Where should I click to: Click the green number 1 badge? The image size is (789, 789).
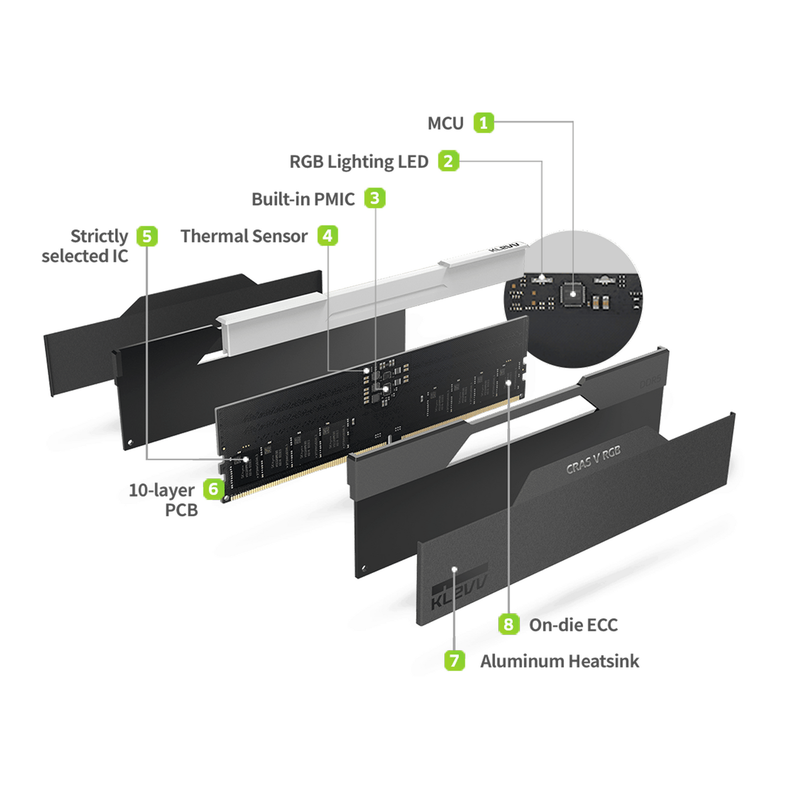click(483, 123)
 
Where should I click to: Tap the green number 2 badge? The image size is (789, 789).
click(448, 161)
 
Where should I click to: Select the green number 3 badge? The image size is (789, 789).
click(374, 198)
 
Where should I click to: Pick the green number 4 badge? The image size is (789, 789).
click(327, 236)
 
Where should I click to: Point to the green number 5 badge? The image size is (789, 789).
click(147, 236)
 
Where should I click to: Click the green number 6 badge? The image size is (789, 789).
click(213, 489)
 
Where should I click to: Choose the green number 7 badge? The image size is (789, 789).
click(454, 661)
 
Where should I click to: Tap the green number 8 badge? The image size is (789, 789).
click(508, 624)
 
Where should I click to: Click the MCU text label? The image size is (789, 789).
click(445, 124)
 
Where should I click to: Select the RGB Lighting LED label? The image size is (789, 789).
click(359, 162)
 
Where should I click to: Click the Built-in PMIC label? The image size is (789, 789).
click(303, 199)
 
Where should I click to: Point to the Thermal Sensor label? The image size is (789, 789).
click(244, 236)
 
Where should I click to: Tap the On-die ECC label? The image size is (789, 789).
click(573, 625)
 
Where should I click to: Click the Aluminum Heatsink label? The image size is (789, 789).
click(559, 661)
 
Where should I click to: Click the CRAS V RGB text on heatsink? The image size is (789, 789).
click(593, 460)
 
